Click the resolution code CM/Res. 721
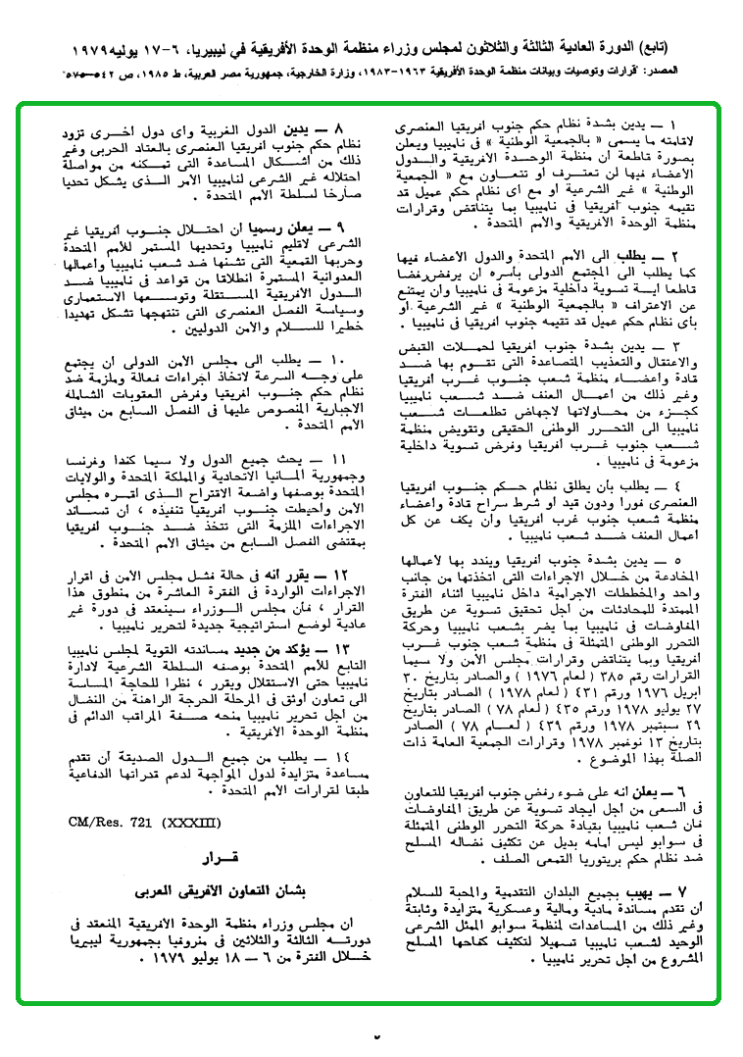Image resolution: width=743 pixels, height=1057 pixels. tap(110, 821)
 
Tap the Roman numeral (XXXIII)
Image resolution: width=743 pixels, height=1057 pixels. tap(186, 821)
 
